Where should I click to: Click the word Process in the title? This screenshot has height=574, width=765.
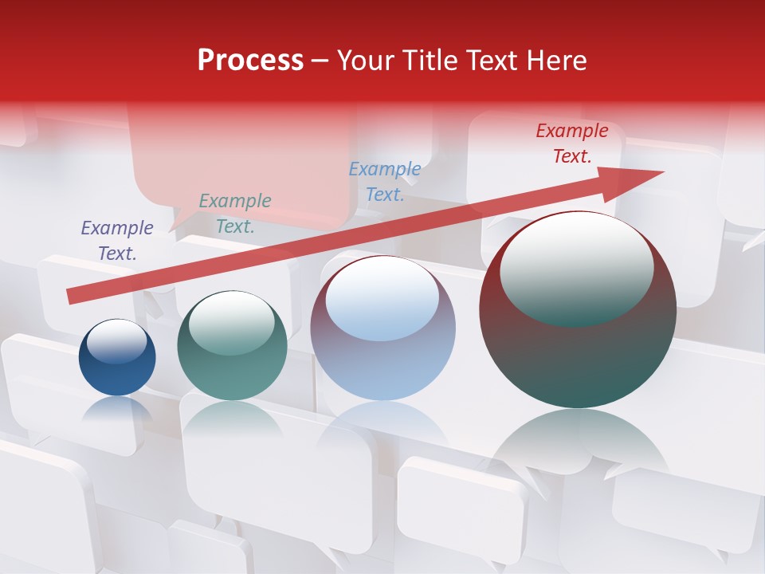pyautogui.click(x=250, y=61)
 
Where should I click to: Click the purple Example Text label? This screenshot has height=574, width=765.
pyautogui.click(x=117, y=240)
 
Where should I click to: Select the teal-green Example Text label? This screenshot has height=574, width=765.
pyautogui.click(x=235, y=214)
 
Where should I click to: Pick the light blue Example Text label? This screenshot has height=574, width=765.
pyautogui.click(x=385, y=182)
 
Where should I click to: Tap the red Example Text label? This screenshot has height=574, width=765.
pyautogui.click(x=572, y=143)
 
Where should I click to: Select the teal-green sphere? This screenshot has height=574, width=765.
pyautogui.click(x=232, y=346)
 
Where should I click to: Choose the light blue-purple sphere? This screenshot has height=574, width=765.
pyautogui.click(x=382, y=328)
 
